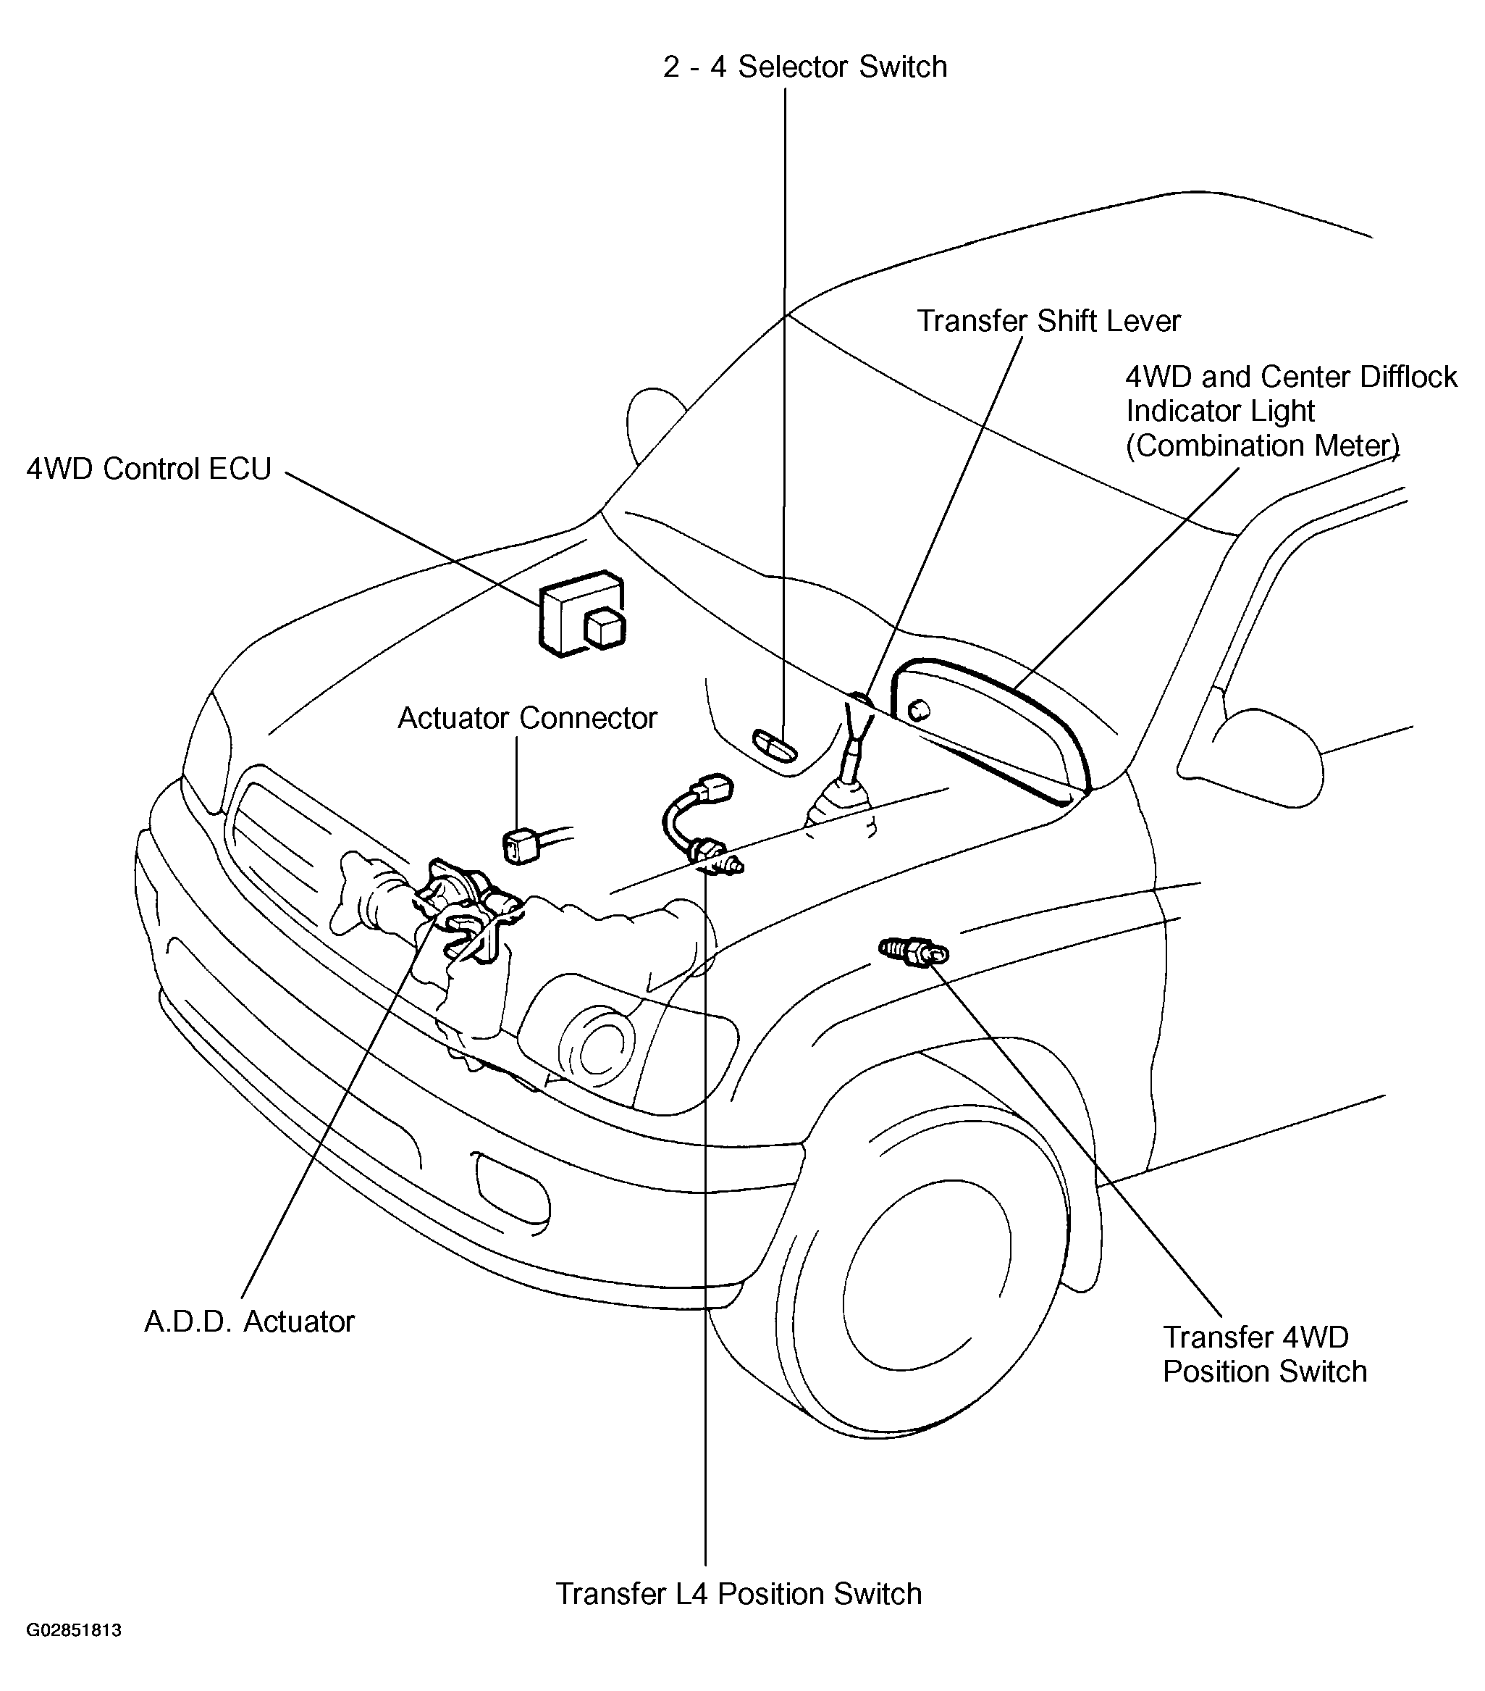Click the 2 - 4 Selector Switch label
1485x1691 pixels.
pyautogui.click(x=804, y=67)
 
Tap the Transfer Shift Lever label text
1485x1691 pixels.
pyautogui.click(x=1048, y=321)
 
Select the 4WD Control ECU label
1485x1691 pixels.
pyautogui.click(x=149, y=469)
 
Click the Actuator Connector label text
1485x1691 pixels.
pyautogui.click(x=526, y=718)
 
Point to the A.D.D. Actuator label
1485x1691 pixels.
pyautogui.click(x=249, y=1322)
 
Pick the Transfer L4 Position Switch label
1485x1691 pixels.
pyautogui.click(x=739, y=1594)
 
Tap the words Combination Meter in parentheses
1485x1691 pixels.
pyautogui.click(x=1263, y=446)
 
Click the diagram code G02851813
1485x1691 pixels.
pyautogui.click(x=74, y=1654)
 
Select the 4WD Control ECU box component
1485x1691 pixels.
pyautogui.click(x=581, y=613)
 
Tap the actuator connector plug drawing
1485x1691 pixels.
pyautogui.click(x=523, y=846)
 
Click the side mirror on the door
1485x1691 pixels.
pyautogui.click(x=1261, y=753)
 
